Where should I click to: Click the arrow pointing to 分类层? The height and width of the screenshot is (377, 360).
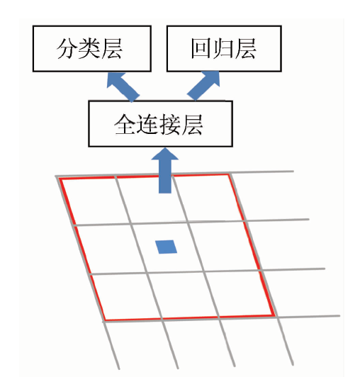123,87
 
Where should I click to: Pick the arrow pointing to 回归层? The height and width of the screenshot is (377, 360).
204,86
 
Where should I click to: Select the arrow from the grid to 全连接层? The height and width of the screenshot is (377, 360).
165,171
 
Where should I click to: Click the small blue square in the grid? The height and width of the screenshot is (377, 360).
166,247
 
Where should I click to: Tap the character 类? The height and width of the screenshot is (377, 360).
89,49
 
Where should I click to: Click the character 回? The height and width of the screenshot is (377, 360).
201,49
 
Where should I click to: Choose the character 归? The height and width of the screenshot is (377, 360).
223,49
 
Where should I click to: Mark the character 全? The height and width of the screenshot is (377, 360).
125,124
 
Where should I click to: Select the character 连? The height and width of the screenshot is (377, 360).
147,124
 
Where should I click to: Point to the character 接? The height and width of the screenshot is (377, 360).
169,124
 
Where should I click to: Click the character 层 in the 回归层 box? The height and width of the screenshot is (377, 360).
245,49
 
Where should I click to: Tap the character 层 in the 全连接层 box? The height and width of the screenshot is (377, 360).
192,124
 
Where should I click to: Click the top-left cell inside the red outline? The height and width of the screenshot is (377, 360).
96,201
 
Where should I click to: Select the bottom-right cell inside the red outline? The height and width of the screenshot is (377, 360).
240,293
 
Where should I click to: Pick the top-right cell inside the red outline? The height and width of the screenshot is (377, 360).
209,198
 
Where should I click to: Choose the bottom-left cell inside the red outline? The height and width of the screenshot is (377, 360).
126,297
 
